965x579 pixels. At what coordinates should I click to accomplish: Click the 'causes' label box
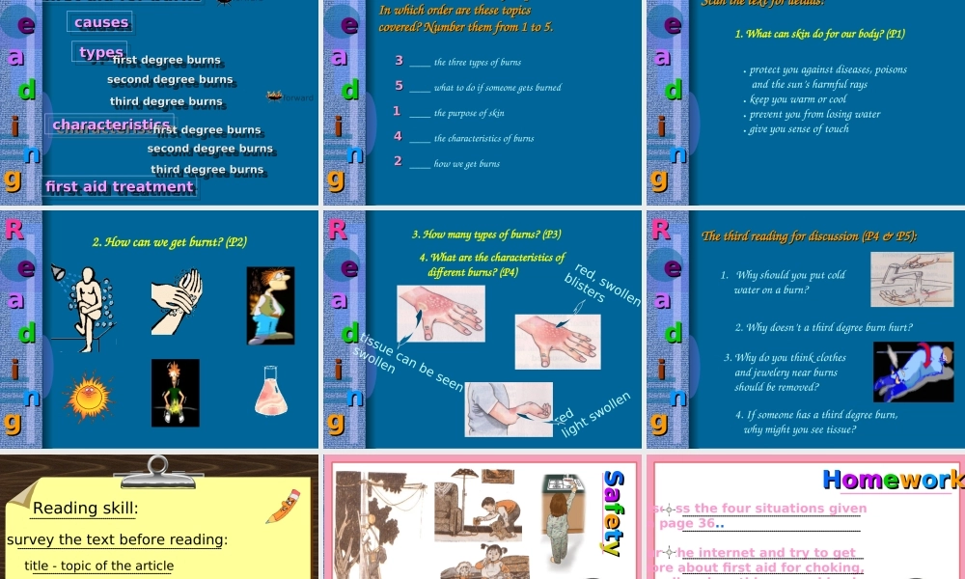click(x=100, y=22)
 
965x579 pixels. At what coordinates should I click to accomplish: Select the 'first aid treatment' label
click(x=120, y=186)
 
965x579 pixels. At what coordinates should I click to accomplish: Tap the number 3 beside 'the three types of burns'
click(x=399, y=61)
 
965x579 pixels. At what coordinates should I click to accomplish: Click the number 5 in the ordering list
click(x=399, y=86)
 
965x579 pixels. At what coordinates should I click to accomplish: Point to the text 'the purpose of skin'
click(x=469, y=113)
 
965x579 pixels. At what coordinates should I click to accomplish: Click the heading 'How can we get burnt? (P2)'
click(x=170, y=242)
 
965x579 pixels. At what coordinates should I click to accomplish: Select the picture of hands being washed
click(x=177, y=301)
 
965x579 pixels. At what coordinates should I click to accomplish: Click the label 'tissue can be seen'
click(x=411, y=362)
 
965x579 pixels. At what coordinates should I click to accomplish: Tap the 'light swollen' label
click(x=595, y=415)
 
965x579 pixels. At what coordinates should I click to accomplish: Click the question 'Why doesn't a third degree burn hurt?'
click(x=823, y=328)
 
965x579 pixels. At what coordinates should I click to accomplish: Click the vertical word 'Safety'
click(x=613, y=512)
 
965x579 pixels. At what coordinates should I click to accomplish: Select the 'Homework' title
click(x=893, y=480)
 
